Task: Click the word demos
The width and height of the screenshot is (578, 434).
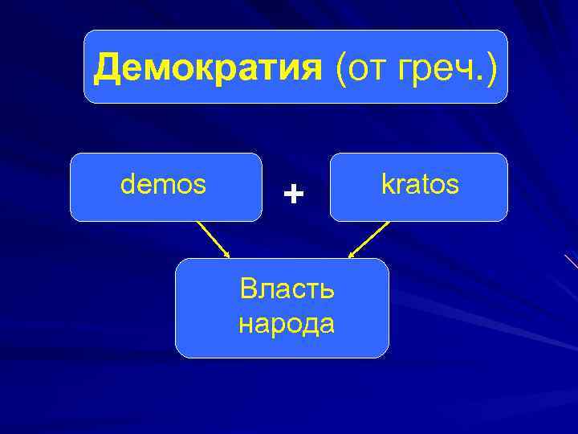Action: [163, 185]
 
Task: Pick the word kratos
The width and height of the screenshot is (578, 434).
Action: [420, 185]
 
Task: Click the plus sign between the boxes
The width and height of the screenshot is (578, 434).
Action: [295, 194]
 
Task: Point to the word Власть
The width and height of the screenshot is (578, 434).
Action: [287, 289]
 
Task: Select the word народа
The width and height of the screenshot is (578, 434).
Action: [287, 324]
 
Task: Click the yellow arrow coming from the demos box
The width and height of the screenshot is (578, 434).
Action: [214, 240]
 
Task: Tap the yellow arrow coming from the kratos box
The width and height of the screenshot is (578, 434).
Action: [368, 240]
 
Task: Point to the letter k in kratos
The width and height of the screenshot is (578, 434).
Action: [387, 185]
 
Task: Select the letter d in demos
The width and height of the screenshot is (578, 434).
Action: [127, 185]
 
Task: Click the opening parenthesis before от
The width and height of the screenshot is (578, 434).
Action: [342, 69]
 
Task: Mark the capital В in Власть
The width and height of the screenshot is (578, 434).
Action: [248, 289]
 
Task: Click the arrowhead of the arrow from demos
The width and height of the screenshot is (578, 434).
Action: [228, 256]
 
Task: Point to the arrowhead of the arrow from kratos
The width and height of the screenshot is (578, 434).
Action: [351, 256]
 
